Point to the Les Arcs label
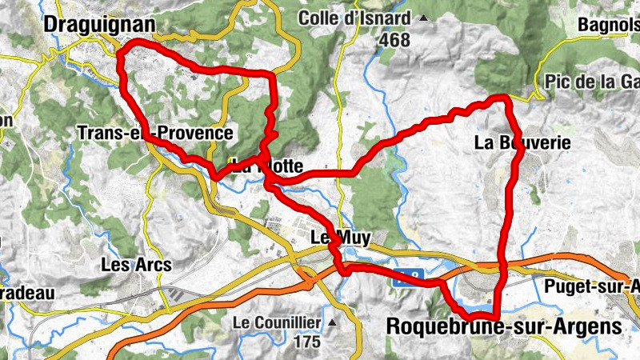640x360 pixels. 130,263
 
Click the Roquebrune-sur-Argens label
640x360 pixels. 503,326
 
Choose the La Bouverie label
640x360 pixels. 522,142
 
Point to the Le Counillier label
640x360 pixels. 277,323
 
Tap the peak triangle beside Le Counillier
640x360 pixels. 331,322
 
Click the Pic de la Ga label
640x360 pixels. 591,81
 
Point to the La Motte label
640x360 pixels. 268,167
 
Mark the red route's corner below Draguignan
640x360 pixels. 121,54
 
